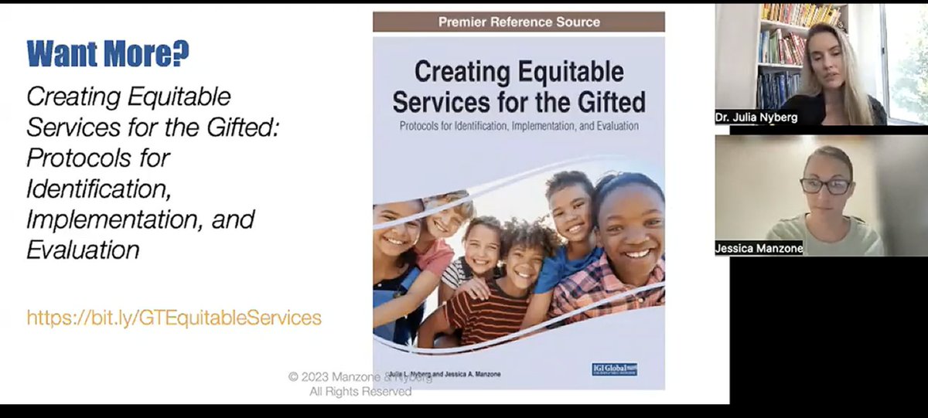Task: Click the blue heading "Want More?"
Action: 108,54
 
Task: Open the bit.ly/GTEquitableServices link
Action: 174,318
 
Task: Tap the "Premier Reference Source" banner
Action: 519,22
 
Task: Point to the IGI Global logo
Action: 615,369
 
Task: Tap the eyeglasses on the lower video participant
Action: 825,186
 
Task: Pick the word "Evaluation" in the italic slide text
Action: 84,250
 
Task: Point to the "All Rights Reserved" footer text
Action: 360,392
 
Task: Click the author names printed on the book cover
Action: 456,375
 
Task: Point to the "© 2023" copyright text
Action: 306,376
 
